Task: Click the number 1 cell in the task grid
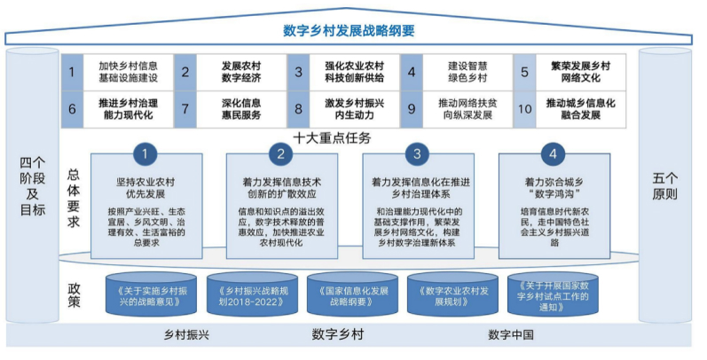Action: pos(74,72)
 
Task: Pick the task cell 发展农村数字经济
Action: pos(239,72)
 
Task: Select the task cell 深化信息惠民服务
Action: pos(239,109)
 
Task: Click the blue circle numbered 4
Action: pos(554,154)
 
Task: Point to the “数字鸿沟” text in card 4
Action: pos(554,193)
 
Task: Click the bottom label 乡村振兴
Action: pos(186,334)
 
